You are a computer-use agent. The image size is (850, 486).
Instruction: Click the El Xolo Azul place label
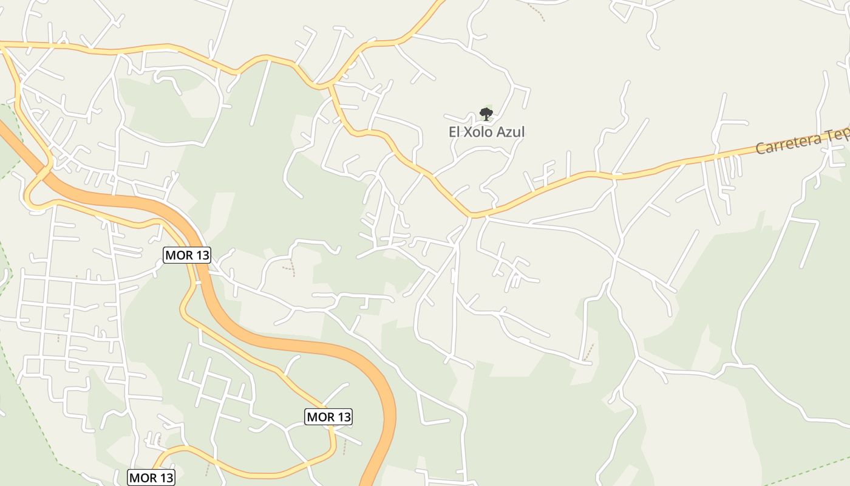486,132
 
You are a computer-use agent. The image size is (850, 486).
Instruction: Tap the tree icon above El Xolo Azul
486,114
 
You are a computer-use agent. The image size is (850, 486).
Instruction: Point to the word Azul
511,132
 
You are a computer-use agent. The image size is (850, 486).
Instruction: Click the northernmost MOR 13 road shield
187,255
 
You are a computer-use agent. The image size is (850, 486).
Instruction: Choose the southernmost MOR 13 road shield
151,477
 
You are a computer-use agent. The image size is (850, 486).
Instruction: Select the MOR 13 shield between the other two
328,417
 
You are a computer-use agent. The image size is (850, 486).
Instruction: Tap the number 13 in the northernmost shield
202,255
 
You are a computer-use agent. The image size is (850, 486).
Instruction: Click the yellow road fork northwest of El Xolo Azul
331,85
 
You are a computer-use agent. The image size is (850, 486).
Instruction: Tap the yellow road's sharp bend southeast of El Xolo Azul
472,214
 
